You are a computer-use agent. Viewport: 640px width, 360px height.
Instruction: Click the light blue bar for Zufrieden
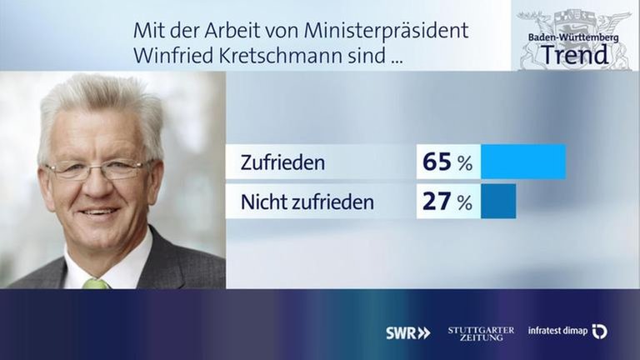pyautogui.click(x=523, y=162)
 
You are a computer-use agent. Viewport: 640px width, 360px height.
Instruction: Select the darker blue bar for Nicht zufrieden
pyautogui.click(x=498, y=202)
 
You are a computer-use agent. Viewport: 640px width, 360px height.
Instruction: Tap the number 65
pyautogui.click(x=437, y=162)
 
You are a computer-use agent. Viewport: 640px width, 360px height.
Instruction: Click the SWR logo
pyautogui.click(x=407, y=332)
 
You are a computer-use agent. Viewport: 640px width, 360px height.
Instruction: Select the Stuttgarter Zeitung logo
pyautogui.click(x=481, y=332)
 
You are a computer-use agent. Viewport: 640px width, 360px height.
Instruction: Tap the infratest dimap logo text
pyautogui.click(x=557, y=331)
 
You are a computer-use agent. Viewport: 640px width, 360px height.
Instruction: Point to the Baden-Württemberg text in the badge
pyautogui.click(x=574, y=37)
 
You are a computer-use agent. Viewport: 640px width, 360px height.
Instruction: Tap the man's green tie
pyautogui.click(x=96, y=283)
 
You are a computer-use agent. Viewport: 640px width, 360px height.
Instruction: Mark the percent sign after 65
pyautogui.click(x=464, y=163)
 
